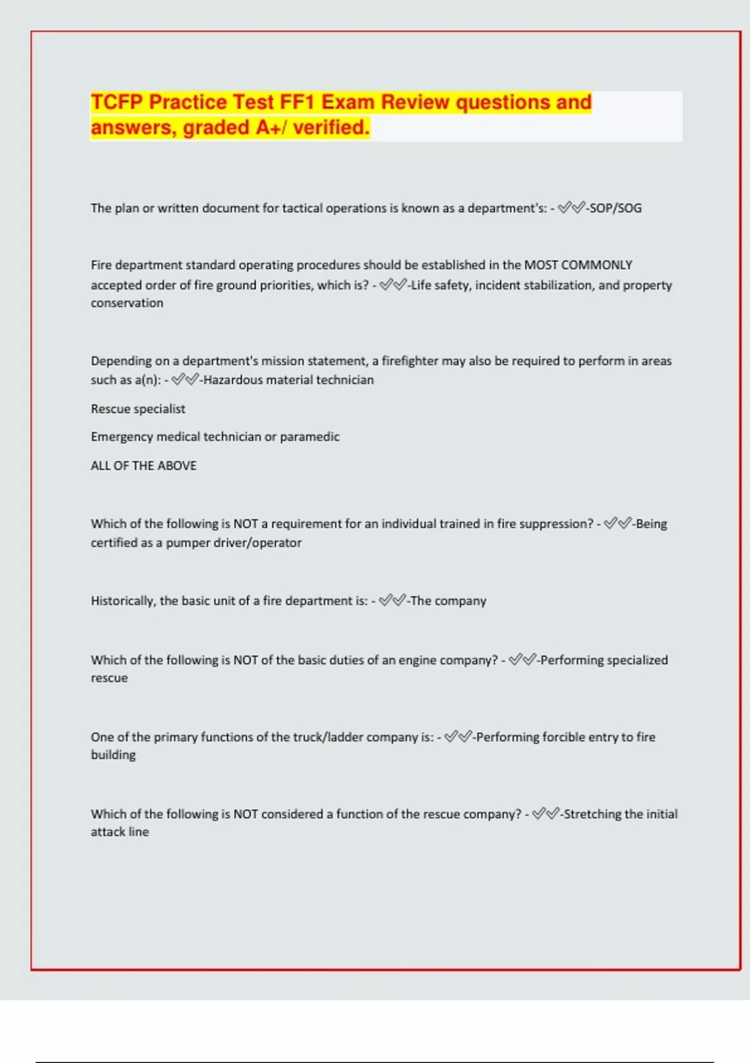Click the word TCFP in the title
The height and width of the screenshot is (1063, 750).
(x=117, y=102)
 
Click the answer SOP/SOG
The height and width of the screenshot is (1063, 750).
(x=616, y=208)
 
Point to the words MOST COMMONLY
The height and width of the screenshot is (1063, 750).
(x=578, y=265)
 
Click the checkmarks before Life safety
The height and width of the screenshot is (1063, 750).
(x=393, y=285)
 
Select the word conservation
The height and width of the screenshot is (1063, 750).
(x=127, y=303)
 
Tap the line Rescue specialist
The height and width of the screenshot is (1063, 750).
(x=138, y=409)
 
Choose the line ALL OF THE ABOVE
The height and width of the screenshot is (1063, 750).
(x=144, y=466)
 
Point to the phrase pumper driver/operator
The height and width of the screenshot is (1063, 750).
(x=233, y=543)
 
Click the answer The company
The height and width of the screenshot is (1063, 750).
(x=448, y=601)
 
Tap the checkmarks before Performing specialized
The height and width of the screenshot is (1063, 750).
(x=522, y=660)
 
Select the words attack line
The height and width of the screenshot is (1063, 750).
(x=120, y=832)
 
